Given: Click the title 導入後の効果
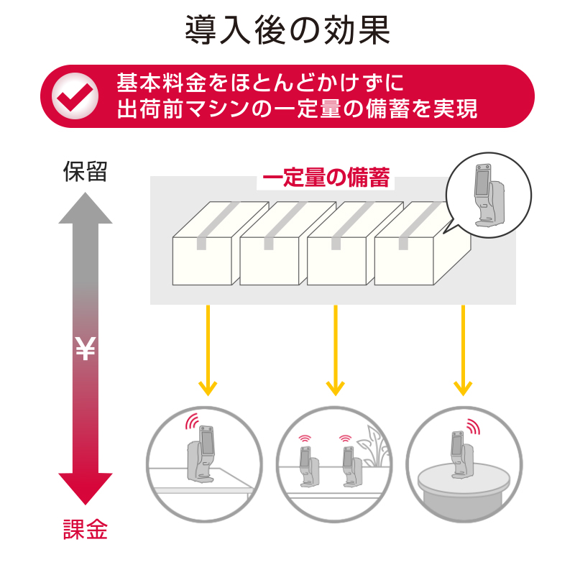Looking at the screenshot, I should pos(287,31).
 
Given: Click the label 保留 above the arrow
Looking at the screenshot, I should pos(85,172).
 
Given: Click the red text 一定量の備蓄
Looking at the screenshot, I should pos(326,178).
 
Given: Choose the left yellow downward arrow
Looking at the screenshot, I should pos(207,352).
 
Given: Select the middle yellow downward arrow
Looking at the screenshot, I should pos(335,352).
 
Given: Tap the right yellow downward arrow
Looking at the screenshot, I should pos(463,352).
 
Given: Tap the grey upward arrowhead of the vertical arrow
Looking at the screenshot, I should pos(86,208).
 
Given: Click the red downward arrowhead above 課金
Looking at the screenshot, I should pos(86,489).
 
